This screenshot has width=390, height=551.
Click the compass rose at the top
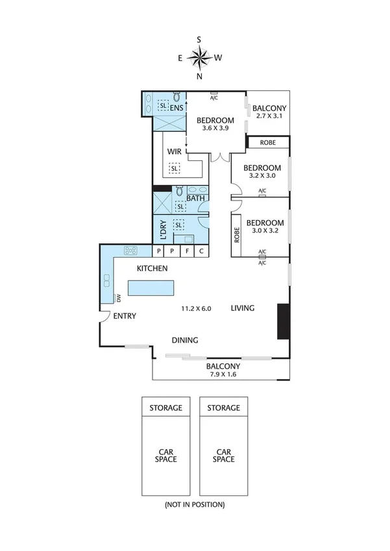[x=199, y=58]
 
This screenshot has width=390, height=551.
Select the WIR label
[x=174, y=151]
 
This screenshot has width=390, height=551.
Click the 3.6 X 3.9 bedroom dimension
[x=215, y=129]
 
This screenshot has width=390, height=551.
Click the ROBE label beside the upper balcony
[x=268, y=142]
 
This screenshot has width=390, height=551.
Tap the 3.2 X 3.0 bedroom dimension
[x=262, y=175]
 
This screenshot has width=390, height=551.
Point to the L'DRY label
[x=163, y=229]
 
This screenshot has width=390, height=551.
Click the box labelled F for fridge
[x=188, y=251]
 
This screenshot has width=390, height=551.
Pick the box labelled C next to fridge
[x=202, y=251]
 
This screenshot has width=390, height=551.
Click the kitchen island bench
[x=151, y=288]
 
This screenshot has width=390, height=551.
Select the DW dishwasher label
[x=119, y=299]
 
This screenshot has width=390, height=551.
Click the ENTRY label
[x=124, y=316]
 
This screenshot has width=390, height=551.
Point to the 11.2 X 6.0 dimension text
[x=196, y=308]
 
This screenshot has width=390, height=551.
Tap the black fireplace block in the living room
[x=284, y=321]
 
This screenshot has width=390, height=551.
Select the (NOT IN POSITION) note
[x=195, y=504]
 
